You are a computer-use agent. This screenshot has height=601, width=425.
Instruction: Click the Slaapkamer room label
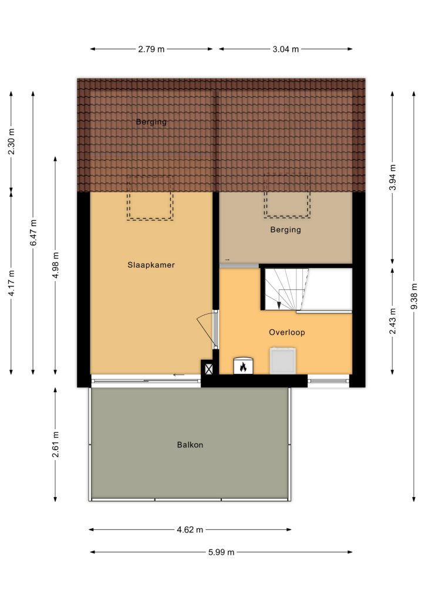151,265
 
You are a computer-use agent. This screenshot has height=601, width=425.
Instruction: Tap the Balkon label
190,445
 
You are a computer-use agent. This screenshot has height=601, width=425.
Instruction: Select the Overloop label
287,332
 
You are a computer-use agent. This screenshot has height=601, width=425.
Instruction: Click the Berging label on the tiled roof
151,122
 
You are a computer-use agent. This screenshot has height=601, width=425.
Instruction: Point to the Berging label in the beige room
285,229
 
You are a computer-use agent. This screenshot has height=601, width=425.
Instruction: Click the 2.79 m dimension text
151,49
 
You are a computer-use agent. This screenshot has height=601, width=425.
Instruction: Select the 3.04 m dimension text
286,49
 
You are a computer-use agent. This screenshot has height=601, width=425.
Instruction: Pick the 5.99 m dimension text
221,552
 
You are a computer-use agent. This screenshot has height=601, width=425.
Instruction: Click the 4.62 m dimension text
190,530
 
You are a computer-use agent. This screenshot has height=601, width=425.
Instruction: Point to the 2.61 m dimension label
56,444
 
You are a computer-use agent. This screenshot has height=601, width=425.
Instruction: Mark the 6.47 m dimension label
33,232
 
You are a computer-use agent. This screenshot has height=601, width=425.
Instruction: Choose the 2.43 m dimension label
393,321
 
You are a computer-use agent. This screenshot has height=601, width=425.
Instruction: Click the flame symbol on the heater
243,367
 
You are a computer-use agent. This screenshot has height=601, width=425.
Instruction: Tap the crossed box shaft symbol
208,369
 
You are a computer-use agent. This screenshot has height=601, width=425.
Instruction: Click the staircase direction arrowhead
279,305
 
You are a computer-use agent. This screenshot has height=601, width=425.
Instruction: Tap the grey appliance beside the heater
283,361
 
